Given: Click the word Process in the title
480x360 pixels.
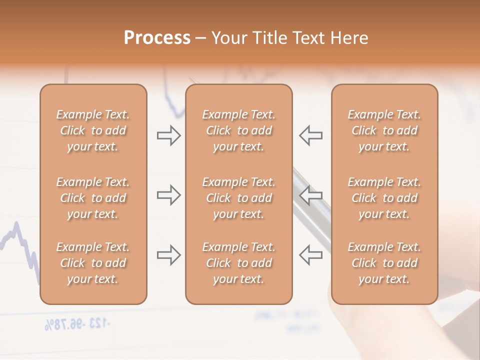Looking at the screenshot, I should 157,38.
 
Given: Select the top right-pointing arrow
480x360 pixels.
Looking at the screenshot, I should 168,135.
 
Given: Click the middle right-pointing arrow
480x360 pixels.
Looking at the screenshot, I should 168,195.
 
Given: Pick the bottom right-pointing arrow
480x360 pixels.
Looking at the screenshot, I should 168,255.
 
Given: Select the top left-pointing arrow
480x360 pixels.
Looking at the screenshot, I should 311,135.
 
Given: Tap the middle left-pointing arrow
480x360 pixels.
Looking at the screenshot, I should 311,195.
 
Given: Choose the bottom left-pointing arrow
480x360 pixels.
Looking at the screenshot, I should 311,255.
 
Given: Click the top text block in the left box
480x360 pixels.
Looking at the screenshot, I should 93,130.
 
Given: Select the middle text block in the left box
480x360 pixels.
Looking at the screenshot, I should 93,198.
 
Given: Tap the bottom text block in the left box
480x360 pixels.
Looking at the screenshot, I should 93,263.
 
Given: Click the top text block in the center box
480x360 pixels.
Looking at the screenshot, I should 238,130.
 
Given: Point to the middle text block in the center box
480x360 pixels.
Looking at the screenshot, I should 238,198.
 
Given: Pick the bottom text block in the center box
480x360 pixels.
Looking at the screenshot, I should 238,263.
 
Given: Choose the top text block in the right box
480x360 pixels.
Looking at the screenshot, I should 384,130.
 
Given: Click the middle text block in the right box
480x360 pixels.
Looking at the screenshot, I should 384,198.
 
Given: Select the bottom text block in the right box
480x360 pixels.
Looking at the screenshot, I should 384,263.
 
